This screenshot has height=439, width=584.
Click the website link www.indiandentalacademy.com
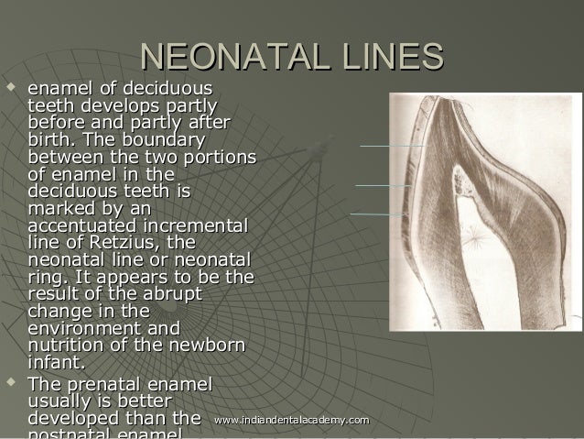[291, 420]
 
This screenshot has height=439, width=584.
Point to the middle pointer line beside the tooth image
[383, 186]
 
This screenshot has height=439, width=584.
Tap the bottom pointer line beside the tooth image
[379, 214]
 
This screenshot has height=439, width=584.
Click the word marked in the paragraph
[60, 209]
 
